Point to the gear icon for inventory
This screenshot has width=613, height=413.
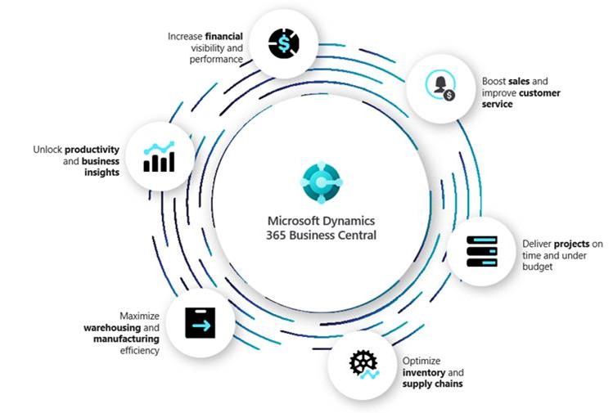363,366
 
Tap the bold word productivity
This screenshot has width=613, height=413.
92,150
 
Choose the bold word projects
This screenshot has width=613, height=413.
569,244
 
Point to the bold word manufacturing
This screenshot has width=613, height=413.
127,339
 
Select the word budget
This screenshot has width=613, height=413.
537,267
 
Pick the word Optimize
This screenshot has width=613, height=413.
421,361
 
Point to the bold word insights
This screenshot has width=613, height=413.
101,173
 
